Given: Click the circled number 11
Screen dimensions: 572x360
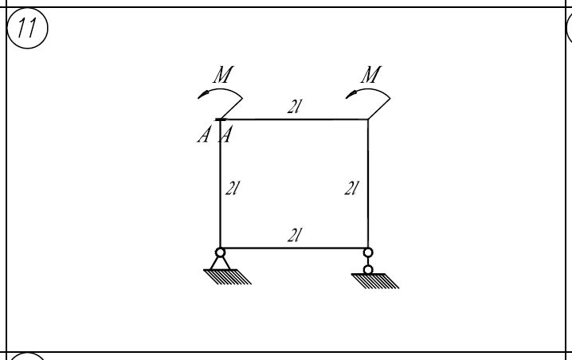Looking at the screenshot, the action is click(x=27, y=28).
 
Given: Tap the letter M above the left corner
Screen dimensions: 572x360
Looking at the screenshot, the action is click(x=223, y=74).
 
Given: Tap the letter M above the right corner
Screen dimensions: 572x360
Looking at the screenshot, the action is click(x=371, y=74).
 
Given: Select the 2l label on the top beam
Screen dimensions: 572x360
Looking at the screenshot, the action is click(x=295, y=107).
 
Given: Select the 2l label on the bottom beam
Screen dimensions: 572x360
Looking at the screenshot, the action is click(x=295, y=235).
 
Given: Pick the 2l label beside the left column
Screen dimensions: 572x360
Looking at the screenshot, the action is click(x=233, y=188).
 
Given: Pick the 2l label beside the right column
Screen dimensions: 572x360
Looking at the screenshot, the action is click(x=351, y=188).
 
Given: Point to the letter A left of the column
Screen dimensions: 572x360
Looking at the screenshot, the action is click(x=204, y=135).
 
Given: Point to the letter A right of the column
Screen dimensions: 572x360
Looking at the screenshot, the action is click(x=225, y=135).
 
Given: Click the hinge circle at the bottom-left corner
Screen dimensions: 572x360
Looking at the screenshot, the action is click(x=221, y=252).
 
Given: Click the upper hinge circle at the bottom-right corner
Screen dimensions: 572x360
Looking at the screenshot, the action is click(x=368, y=252).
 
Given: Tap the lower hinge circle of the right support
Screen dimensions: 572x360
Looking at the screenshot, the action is click(x=368, y=270).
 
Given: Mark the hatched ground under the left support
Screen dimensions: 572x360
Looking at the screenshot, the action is click(x=227, y=277).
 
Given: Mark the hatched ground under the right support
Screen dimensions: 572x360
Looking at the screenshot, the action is click(x=375, y=281).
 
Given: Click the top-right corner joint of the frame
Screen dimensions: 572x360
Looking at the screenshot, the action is click(x=368, y=119).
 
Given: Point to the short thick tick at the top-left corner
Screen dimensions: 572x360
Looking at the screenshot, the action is click(x=221, y=119).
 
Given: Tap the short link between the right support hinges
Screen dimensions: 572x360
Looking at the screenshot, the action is click(x=368, y=261).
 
